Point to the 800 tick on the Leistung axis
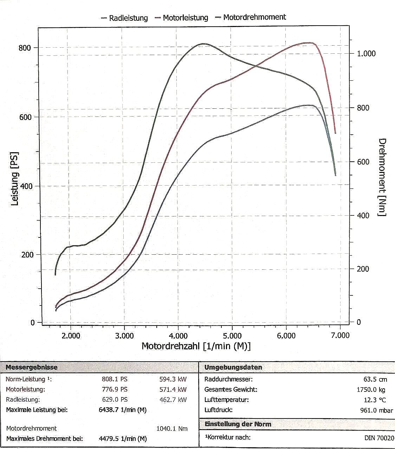coord(25,48)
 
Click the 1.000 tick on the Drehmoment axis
coord(366,53)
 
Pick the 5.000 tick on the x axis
coord(232,336)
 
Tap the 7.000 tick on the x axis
coord(340,336)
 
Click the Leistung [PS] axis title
coord(15,179)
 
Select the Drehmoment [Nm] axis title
coord(382,177)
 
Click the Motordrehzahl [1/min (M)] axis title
coord(196,346)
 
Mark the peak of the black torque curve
coord(203,44)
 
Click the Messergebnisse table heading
coord(32,368)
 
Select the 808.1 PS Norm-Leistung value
coord(115,379)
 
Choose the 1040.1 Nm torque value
coord(171,429)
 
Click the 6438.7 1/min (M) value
coord(123,410)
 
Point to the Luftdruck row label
coord(219,410)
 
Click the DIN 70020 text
coord(379,438)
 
